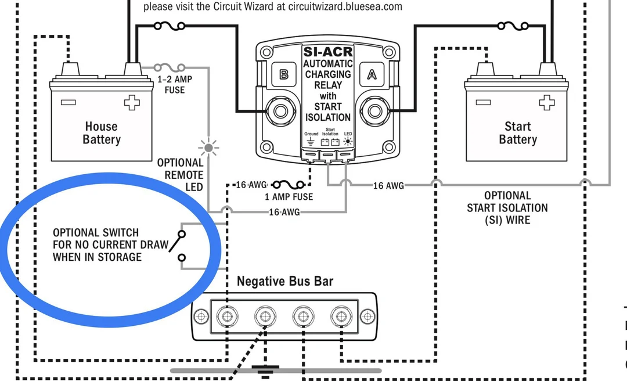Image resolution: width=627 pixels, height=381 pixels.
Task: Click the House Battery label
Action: (x=101, y=133)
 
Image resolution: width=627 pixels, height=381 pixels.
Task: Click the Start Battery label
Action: (x=517, y=133)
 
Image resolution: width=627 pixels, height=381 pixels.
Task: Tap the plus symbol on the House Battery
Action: (x=132, y=103)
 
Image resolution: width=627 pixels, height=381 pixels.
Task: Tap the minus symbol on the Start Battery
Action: (x=483, y=103)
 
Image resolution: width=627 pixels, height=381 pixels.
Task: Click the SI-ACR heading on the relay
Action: (x=328, y=52)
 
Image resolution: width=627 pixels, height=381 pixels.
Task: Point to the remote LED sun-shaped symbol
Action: (x=208, y=148)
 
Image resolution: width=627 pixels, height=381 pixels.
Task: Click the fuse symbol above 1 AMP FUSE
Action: (x=288, y=185)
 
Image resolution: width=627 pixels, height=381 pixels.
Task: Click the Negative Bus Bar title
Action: (x=285, y=282)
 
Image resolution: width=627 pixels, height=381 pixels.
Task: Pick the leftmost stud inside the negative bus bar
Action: (x=227, y=317)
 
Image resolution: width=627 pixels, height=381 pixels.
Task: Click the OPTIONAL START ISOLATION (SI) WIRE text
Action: (x=507, y=208)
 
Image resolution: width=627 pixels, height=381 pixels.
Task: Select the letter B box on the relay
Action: (x=283, y=74)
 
